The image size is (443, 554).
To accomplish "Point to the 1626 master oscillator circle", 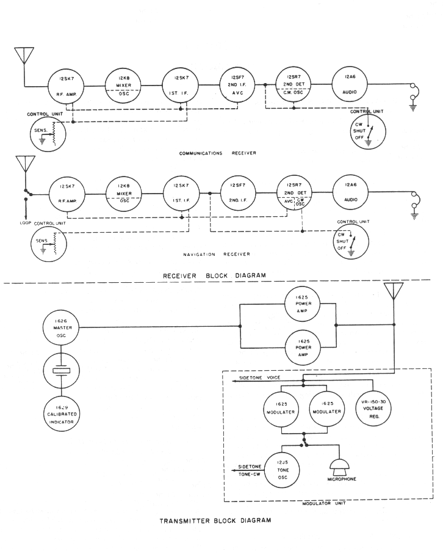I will (x=59, y=327).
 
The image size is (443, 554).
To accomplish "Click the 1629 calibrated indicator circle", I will (x=59, y=418).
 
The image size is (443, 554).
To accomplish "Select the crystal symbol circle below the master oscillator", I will (x=59, y=372).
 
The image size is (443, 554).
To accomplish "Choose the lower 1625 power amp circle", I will (x=304, y=348).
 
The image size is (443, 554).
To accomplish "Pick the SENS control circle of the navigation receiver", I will (x=50, y=243).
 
